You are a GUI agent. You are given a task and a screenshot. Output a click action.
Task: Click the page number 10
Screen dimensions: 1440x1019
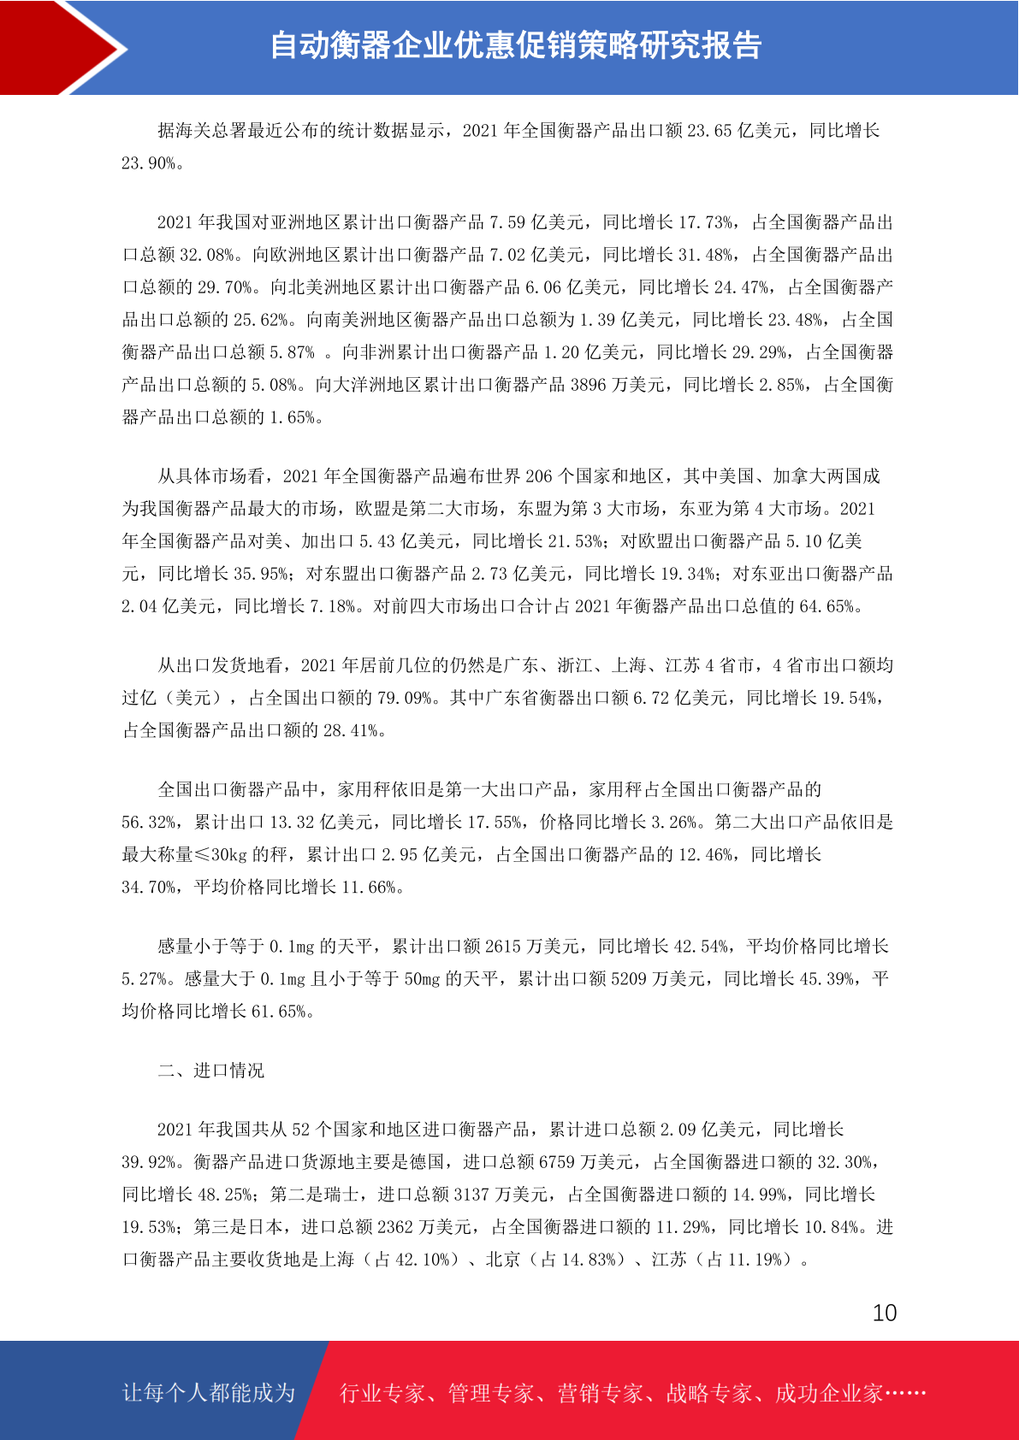(884, 1313)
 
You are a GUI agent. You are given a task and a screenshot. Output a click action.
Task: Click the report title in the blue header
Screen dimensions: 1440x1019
(515, 45)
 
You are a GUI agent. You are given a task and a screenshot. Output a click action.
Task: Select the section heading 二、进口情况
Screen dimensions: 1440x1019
(210, 1071)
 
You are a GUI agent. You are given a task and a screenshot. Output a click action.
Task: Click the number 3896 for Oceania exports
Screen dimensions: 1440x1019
(588, 385)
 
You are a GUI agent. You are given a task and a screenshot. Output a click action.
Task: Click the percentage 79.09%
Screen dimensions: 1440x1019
(404, 698)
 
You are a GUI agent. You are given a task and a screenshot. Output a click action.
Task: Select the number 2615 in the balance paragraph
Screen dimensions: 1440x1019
(502, 946)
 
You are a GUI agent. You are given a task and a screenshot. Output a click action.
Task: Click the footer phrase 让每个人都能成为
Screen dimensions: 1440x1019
(209, 1393)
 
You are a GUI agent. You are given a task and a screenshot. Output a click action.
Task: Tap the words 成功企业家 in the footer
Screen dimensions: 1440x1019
(828, 1393)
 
